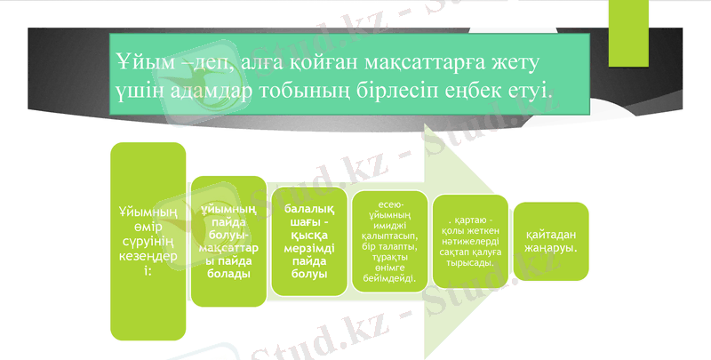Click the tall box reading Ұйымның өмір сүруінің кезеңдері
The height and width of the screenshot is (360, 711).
pos(148,241)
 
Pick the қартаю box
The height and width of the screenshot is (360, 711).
pos(471,242)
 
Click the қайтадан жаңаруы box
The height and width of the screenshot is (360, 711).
pos(551,241)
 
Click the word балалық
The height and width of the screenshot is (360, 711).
pos(309,206)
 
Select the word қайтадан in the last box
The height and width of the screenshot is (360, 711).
pos(551,234)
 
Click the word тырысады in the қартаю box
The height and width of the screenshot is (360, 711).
pos(470,264)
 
